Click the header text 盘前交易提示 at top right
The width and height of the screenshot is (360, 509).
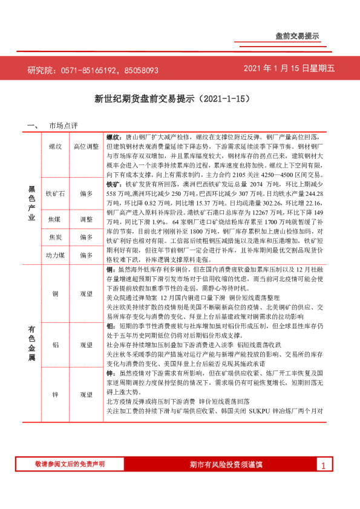(x=297, y=36)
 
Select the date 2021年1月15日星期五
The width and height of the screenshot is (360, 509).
(x=289, y=69)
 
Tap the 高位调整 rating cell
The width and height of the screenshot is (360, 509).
(x=86, y=146)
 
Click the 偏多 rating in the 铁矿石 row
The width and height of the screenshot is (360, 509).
(x=86, y=194)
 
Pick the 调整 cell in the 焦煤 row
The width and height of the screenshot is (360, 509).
(x=86, y=219)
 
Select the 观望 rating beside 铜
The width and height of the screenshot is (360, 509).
(x=86, y=294)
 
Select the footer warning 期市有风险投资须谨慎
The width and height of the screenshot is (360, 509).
(x=226, y=464)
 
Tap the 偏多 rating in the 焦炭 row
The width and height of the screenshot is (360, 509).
(x=86, y=238)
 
